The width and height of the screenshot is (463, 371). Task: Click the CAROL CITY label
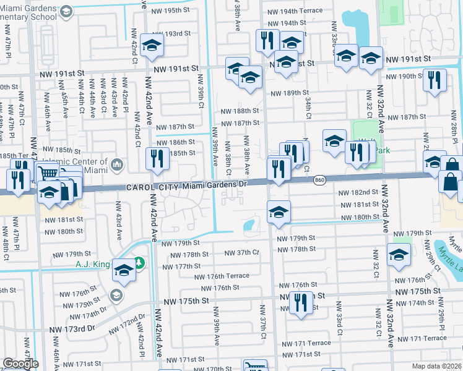pos(150,187)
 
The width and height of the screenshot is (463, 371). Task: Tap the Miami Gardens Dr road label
pos(214,185)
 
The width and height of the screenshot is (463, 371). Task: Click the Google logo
pos(20,364)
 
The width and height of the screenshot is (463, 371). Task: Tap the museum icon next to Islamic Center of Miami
pos(118,164)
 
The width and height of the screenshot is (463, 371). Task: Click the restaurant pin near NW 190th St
pos(435,79)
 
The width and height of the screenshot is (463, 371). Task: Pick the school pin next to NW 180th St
pos(279,211)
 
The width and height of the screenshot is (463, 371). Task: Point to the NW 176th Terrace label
pos(222,276)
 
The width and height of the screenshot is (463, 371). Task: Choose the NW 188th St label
pos(240,111)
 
